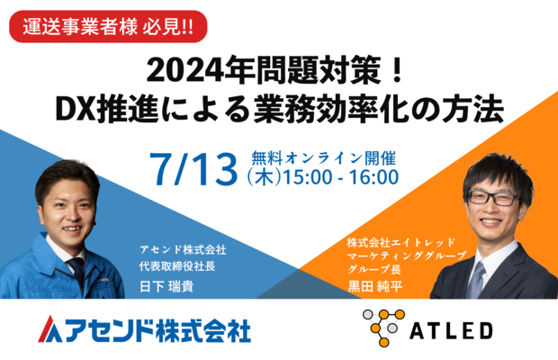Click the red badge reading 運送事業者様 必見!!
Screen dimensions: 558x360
click(108, 27)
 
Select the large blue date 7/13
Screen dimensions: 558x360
click(193, 169)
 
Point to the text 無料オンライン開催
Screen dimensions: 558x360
click(323, 157)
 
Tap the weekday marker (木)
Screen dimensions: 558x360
click(264, 177)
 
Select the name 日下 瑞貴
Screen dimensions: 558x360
click(166, 286)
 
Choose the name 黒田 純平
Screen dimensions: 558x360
click(374, 286)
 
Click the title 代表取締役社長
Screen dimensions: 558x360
click(177, 266)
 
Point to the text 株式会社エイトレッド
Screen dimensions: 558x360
click(401, 243)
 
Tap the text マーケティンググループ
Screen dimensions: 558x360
click(407, 256)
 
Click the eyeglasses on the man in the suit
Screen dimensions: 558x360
click(493, 198)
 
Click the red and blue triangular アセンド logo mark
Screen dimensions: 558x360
click(49, 328)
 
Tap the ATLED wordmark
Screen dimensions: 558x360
click(451, 331)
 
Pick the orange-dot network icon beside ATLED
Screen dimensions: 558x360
click(383, 328)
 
